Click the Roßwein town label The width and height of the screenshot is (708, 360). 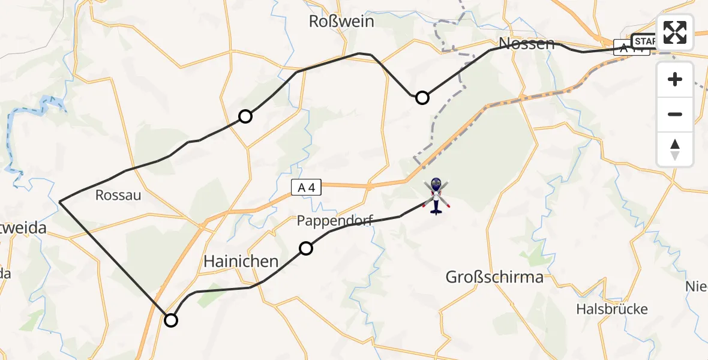341,22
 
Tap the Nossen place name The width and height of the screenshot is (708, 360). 527,43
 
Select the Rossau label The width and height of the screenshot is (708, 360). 118,195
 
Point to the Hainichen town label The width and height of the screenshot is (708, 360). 241,261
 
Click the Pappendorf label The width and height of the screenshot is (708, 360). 335,221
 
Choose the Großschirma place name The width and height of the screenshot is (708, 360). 494,277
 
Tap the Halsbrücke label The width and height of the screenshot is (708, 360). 611,309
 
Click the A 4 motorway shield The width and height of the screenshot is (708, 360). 307,188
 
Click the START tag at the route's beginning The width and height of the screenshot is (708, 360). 645,41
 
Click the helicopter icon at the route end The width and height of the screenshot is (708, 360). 436,195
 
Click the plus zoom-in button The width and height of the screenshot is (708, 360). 675,79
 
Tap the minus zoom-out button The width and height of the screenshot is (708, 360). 675,114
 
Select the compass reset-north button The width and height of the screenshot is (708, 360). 675,149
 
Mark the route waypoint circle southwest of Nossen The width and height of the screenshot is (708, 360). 422,98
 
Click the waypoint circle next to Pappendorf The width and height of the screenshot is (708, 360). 306,248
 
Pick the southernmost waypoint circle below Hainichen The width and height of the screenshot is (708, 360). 171,320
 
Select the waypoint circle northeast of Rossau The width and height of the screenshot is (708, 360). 245,116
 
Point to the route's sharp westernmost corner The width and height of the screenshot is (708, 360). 60,202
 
